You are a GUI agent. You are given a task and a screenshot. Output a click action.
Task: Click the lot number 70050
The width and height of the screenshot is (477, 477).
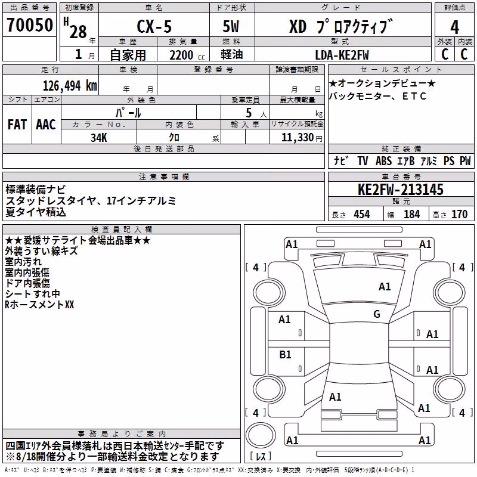click(x=30, y=25)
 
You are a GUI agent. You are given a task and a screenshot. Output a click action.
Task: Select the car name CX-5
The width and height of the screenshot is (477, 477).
click(x=154, y=26)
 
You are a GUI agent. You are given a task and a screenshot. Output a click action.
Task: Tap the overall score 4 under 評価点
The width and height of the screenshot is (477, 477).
click(x=454, y=27)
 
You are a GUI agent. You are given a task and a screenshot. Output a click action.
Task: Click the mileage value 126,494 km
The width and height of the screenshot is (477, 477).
click(x=70, y=86)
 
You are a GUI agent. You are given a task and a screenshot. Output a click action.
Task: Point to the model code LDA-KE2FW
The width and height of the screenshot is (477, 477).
click(x=342, y=55)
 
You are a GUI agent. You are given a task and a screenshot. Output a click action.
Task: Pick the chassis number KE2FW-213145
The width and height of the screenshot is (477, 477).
click(x=401, y=190)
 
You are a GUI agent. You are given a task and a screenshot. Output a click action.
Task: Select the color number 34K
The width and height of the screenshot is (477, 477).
click(x=99, y=138)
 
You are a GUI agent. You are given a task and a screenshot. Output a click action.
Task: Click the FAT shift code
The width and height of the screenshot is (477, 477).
click(x=17, y=125)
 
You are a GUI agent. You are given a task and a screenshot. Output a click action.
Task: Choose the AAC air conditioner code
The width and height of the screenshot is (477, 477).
click(x=46, y=125)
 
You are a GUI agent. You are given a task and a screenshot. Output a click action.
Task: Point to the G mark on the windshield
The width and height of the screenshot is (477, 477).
click(x=377, y=314)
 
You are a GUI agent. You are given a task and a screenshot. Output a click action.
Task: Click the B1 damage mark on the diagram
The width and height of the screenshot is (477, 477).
click(x=285, y=354)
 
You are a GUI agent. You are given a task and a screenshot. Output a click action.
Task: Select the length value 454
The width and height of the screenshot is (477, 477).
click(x=362, y=215)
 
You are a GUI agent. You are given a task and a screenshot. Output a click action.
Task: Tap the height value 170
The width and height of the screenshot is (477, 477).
click(x=459, y=215)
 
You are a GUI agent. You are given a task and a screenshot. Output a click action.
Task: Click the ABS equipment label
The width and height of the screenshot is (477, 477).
click(x=383, y=161)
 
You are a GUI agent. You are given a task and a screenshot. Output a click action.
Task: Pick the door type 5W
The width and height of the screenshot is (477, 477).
click(x=231, y=26)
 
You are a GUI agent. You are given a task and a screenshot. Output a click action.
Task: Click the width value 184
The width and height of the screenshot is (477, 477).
click(x=411, y=215)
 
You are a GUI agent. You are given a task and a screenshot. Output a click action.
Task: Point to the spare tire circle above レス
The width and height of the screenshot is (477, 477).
click(x=261, y=435)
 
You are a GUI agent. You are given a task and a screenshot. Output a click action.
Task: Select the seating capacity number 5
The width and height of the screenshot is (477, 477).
click(x=249, y=113)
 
